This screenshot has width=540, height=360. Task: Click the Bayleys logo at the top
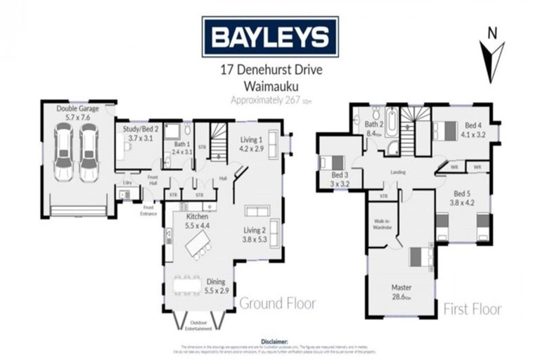coord(270,36)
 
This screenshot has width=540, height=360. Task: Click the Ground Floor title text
coord(278,304)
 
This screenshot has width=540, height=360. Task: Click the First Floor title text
coord(472,309)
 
